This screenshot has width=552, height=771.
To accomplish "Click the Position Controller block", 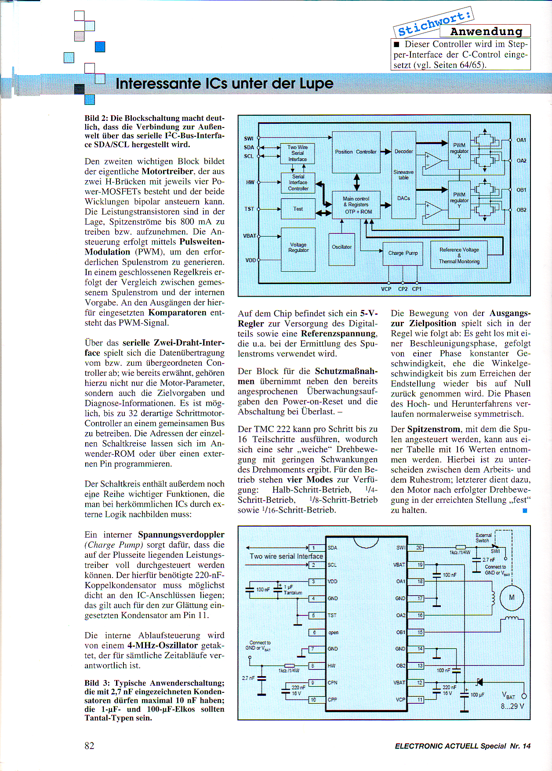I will pos(356,152).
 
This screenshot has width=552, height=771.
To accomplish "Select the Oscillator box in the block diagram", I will pos(341,249).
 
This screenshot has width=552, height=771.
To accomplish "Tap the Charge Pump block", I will pos(403,254).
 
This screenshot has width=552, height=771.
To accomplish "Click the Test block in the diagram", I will pos(298,209).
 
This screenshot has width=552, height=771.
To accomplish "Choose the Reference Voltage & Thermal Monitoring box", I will pos(459,255).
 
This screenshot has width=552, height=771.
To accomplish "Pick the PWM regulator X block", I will pos(459,150).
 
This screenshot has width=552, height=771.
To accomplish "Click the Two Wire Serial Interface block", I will pos(298,153).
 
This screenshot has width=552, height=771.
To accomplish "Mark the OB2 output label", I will pos(521,210).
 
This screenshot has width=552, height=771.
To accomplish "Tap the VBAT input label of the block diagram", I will pos(249,236).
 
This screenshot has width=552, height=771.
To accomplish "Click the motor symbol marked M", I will pos(512,598).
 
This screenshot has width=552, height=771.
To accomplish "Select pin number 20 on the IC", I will pos(419,548).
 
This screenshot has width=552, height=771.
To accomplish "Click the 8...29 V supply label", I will pos(512,706).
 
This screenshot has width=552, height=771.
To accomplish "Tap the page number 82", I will pos(89,746).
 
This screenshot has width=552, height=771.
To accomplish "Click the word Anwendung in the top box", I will pos(486,32).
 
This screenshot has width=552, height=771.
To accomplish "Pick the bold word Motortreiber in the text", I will pos(167,171).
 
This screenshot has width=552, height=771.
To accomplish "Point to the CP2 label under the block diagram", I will pos(403,289).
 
